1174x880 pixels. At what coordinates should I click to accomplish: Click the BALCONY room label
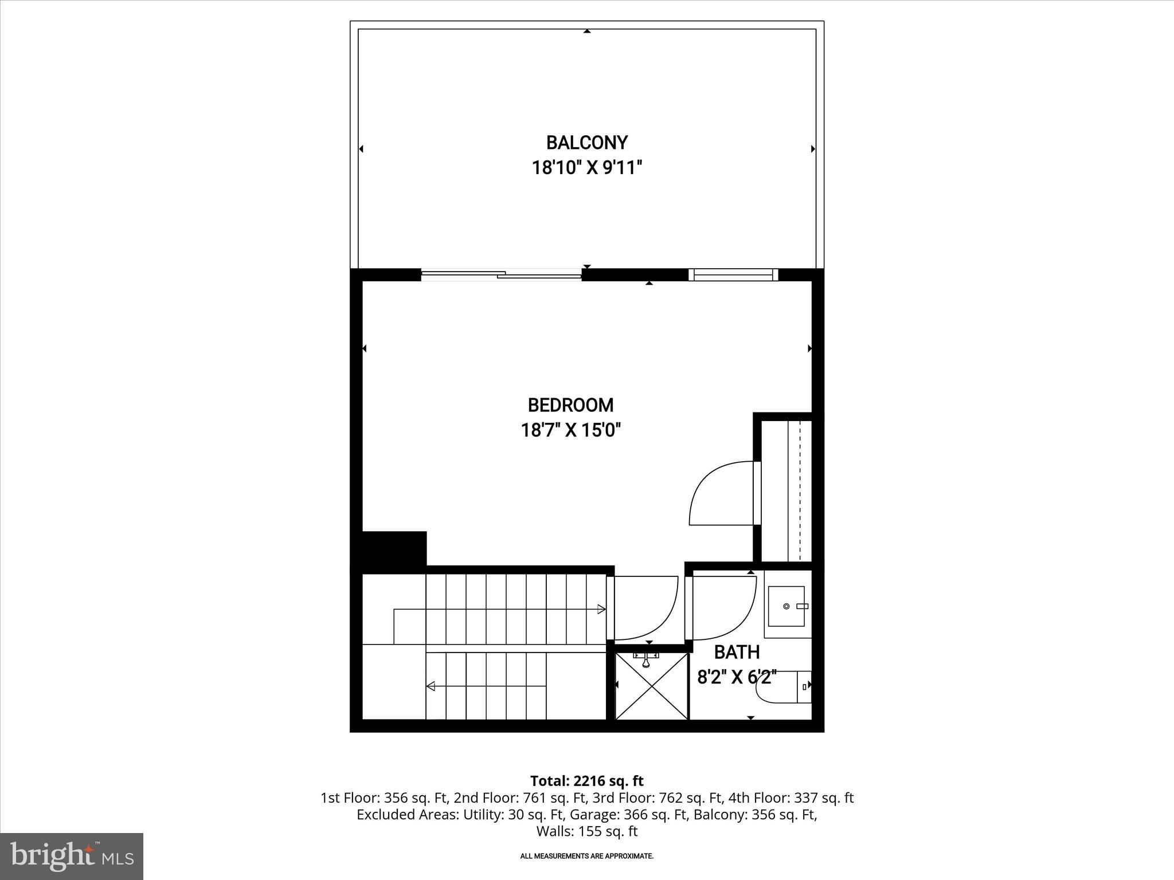586,142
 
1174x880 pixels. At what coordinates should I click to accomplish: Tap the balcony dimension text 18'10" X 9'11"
586,168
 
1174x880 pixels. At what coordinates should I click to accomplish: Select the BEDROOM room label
570,405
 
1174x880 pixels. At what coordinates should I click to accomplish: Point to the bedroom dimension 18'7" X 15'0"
570,430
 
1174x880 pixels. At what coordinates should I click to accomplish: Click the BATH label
737,652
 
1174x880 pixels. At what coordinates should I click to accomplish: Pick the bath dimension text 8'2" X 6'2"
737,678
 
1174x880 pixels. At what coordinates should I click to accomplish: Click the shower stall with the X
651,686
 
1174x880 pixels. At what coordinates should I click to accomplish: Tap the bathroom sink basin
786,606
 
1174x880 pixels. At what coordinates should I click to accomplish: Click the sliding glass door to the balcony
502,275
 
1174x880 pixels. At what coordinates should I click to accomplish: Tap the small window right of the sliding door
733,275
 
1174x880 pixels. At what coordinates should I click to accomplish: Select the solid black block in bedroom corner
394,549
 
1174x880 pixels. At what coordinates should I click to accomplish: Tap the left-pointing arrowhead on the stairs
431,686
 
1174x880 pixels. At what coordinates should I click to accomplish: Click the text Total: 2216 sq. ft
586,781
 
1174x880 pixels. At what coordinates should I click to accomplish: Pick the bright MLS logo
72,857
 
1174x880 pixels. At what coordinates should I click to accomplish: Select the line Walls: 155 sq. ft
586,831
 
